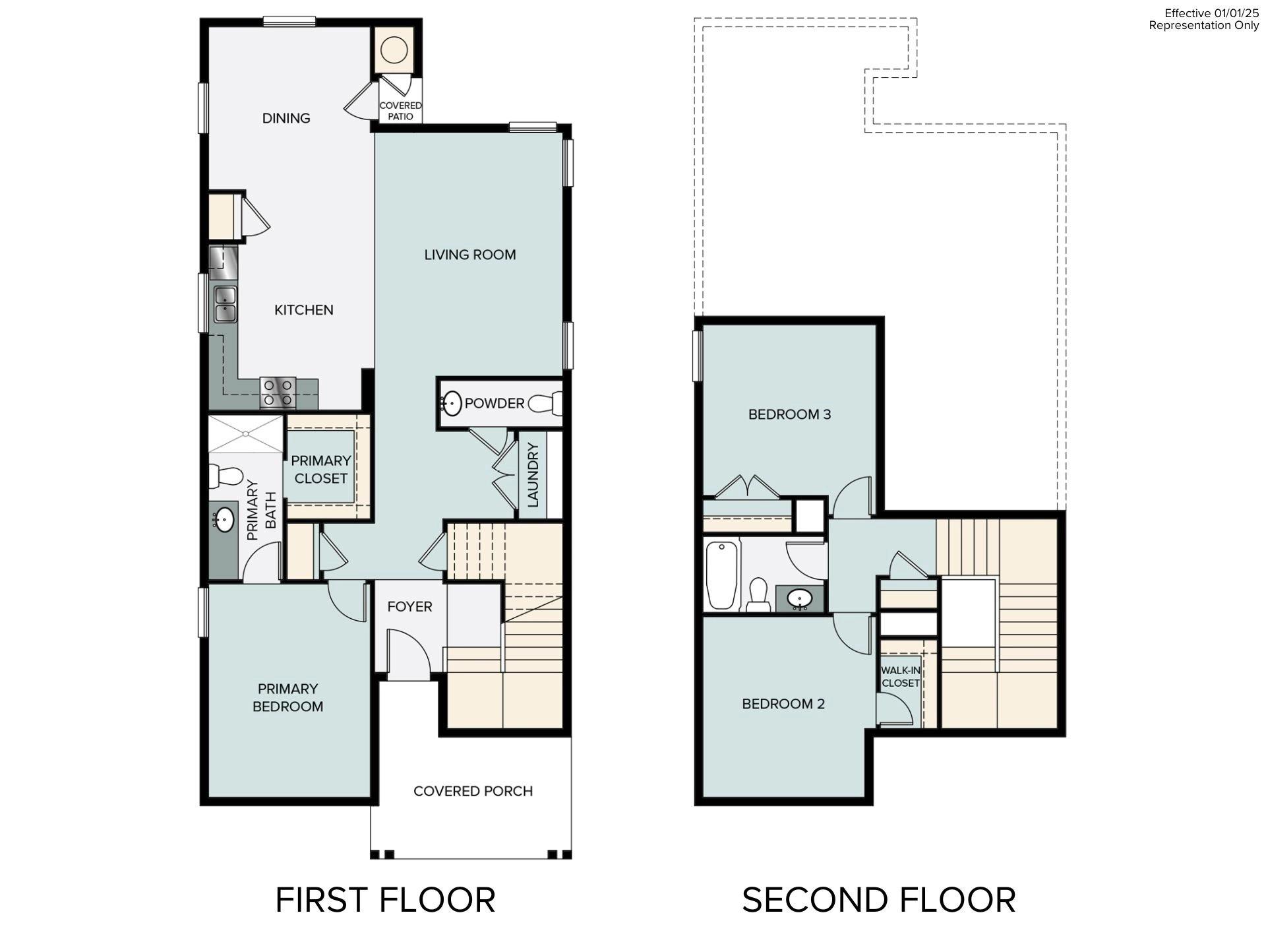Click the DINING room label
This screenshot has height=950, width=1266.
(x=286, y=118)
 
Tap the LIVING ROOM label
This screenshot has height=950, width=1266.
(x=469, y=255)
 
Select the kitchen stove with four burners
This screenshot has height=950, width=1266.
(x=278, y=392)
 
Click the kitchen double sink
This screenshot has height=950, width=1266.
(x=225, y=304)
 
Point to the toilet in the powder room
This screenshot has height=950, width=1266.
(x=547, y=403)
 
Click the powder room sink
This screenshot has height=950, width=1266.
(x=452, y=403)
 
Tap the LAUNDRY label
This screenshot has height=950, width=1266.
(x=533, y=475)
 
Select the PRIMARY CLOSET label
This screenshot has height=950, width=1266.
(x=320, y=469)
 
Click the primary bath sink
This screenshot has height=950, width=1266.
(x=224, y=520)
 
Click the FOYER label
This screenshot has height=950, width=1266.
(x=409, y=606)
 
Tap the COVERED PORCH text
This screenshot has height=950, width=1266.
(x=473, y=791)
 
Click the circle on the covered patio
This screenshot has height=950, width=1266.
(x=394, y=50)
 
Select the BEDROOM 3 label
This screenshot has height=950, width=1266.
(x=789, y=414)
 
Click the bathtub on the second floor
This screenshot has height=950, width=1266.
(x=721, y=575)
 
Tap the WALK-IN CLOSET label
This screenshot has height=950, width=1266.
(x=900, y=676)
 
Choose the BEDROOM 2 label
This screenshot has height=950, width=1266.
(x=783, y=704)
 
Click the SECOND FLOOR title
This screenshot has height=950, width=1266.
(x=878, y=901)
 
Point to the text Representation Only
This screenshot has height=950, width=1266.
(x=1203, y=25)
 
